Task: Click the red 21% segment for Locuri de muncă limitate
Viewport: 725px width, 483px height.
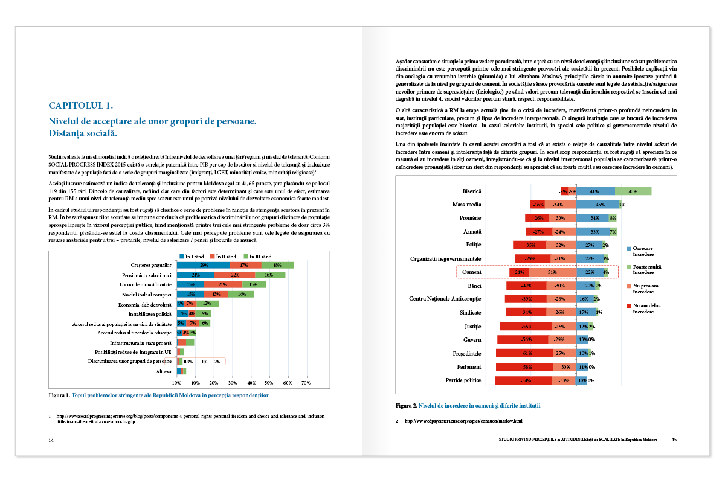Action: point(222,284)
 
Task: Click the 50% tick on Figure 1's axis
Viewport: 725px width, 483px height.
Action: point(269,383)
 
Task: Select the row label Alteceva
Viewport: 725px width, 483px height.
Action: point(164,371)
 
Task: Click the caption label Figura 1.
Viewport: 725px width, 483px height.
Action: point(59,395)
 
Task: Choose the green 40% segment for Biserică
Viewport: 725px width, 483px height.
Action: point(633,191)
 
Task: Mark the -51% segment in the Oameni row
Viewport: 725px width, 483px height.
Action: point(551,272)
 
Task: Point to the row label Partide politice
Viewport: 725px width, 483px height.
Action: point(463,380)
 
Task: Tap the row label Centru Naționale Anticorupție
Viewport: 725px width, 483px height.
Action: point(445,299)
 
